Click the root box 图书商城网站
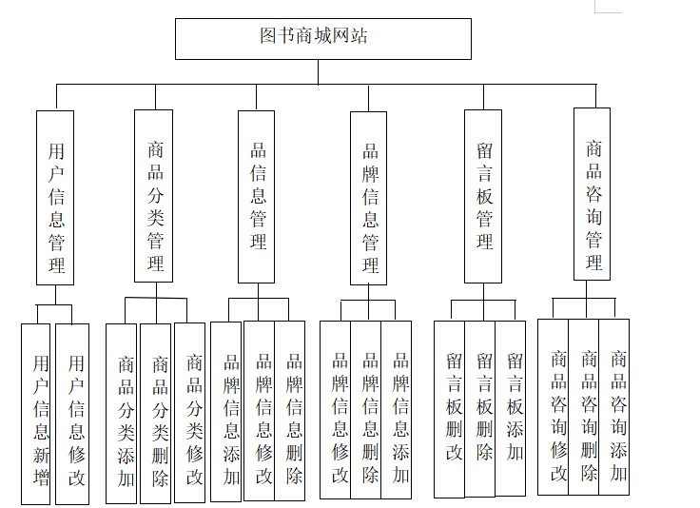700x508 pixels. click(x=322, y=38)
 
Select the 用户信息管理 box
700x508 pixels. click(x=55, y=197)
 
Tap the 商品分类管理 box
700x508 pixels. click(x=153, y=195)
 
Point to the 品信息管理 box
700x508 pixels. click(x=256, y=196)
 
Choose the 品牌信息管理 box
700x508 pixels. click(x=368, y=197)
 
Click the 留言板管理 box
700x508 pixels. click(x=483, y=196)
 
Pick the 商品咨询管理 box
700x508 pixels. click(x=592, y=194)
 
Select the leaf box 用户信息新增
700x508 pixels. click(x=36, y=414)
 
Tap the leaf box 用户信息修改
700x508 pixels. click(x=72, y=414)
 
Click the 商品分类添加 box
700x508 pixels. click(x=122, y=413)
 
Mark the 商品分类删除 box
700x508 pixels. click(x=156, y=413)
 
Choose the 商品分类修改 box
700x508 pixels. click(x=190, y=413)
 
